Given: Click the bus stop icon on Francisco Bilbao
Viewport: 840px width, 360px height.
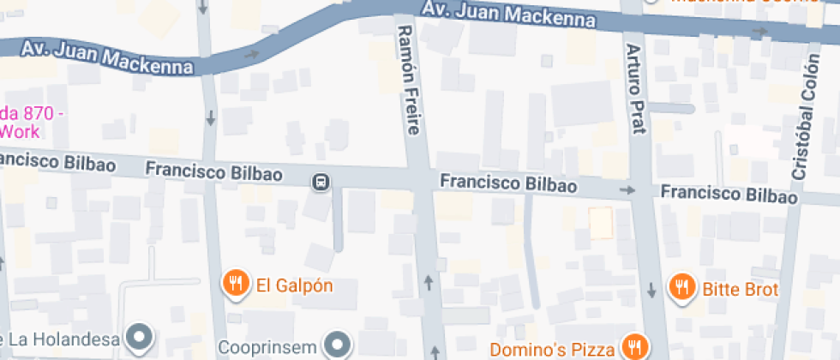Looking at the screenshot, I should [321, 182].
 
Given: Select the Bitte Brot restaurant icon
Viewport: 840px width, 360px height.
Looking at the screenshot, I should [681, 287].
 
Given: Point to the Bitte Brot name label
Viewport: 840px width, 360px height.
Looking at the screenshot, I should [741, 289].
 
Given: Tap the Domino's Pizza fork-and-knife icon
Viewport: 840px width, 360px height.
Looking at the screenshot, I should [634, 347].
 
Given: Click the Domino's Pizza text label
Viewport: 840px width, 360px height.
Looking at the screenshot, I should [553, 349].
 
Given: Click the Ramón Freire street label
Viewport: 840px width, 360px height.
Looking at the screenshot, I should [408, 80].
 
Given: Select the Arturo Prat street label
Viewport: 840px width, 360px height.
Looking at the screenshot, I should [634, 89].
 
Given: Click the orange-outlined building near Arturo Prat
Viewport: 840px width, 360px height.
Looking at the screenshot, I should [602, 224].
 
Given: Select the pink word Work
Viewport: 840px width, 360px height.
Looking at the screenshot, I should [21, 131].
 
